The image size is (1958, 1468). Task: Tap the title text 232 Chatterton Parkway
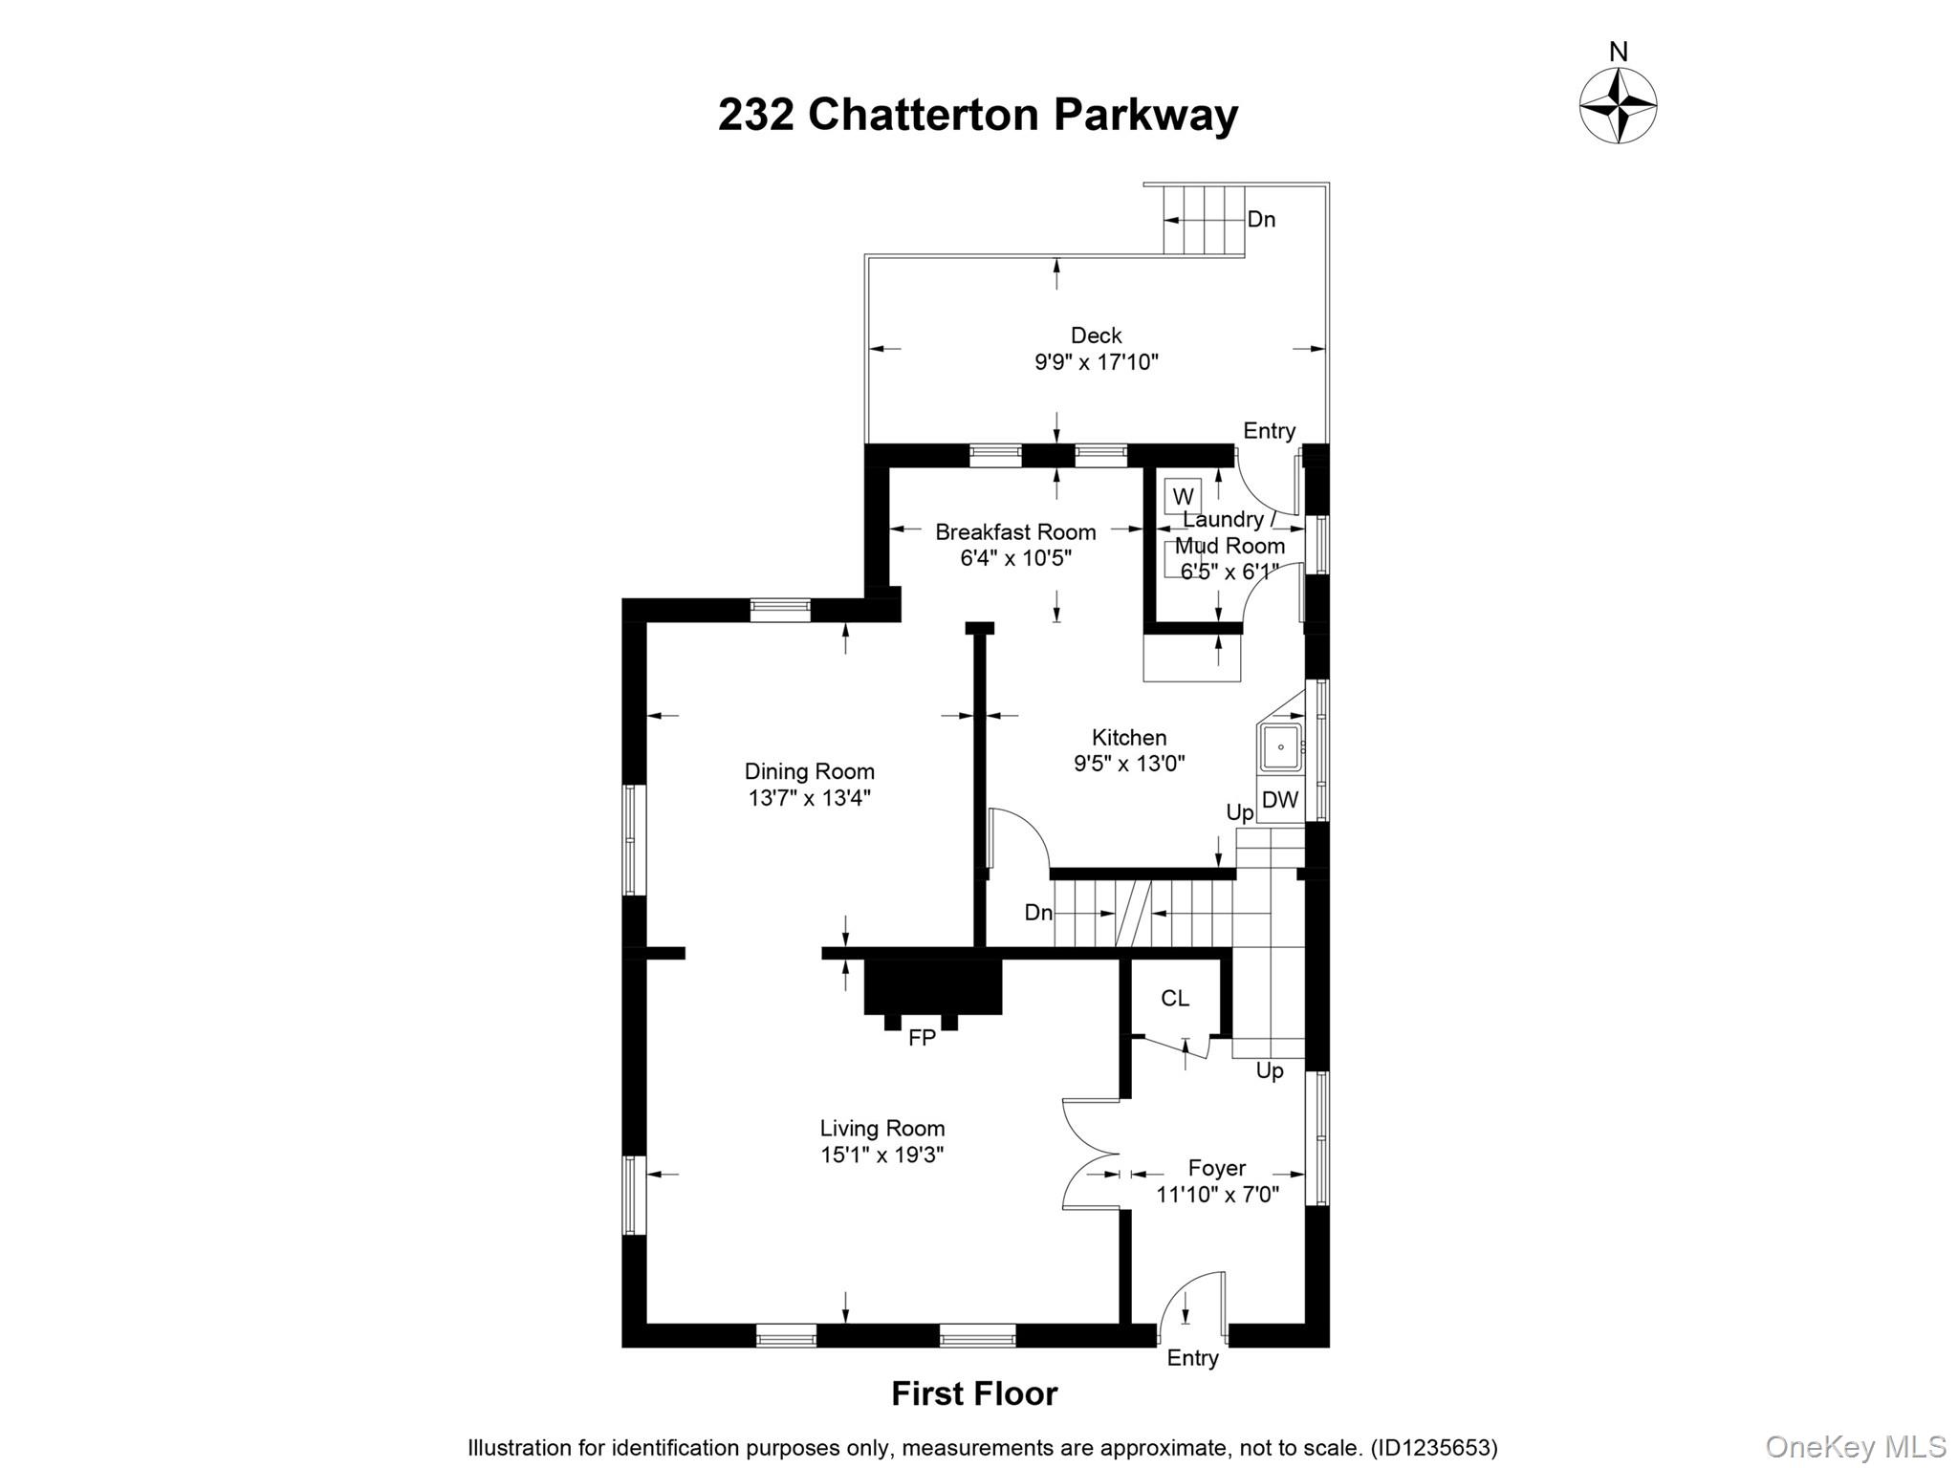pos(977,115)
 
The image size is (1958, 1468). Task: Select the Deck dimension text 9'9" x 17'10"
pos(1096,362)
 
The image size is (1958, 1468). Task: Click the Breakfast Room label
pos(1015,532)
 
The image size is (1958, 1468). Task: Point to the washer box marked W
pos(1183,497)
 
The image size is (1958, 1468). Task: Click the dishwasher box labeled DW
pos(1280,800)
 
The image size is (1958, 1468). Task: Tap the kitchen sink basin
pos(1280,747)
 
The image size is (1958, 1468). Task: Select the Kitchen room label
pos(1129,738)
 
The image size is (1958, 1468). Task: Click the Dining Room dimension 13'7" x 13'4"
pos(809,798)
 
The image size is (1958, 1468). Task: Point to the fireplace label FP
pos(922,1038)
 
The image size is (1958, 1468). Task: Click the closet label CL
pos(1175,999)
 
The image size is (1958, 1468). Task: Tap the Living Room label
pos(881,1129)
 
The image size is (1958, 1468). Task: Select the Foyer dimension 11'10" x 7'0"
pos(1217,1195)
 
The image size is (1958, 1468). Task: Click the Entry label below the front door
pos(1192,1358)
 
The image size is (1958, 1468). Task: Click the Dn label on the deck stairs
pos(1261,220)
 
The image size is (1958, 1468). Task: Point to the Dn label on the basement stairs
pos(1038,913)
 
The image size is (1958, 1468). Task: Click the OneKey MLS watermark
pos(1855,1446)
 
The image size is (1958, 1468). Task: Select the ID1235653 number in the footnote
pos(1433,1448)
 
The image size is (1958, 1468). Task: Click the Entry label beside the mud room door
pos(1269,431)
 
